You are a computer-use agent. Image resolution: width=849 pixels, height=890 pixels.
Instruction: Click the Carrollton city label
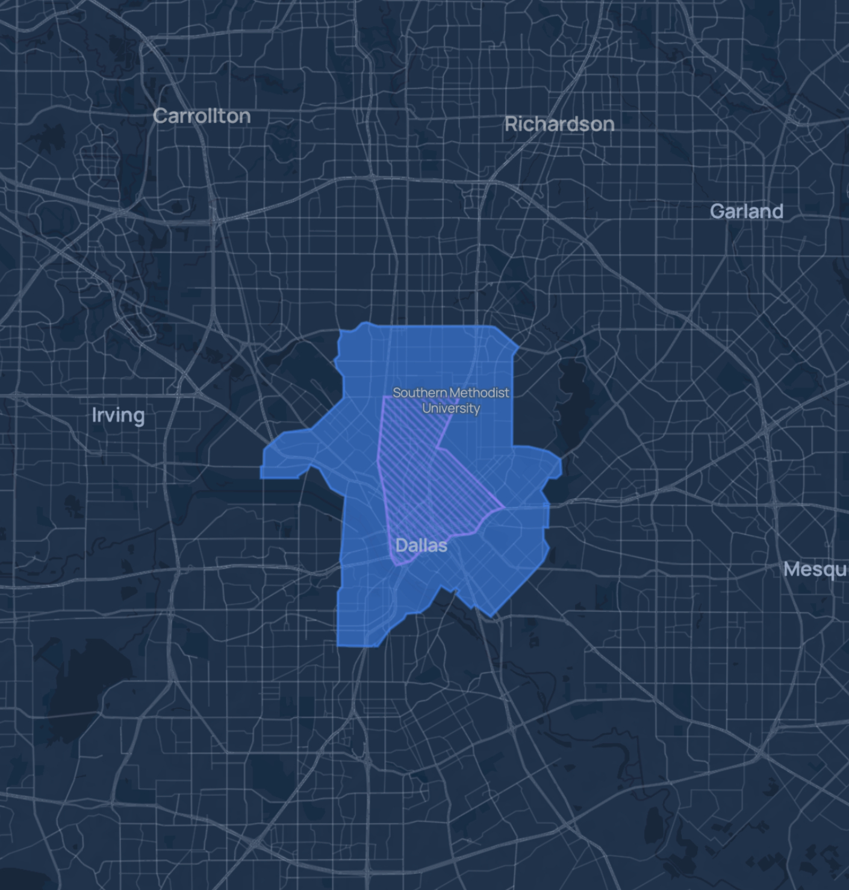pos(202,116)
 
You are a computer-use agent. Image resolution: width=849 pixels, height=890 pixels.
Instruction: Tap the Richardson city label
pos(559,124)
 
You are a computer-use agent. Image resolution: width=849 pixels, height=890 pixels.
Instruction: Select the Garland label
pos(746,211)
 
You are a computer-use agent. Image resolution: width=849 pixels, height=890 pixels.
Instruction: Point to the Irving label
pos(118,415)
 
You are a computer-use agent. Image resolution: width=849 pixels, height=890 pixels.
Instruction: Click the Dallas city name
pos(421,546)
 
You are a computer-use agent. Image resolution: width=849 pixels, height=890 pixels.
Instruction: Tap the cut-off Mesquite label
pos(816,569)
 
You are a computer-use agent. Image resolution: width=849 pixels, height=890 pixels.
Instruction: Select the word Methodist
pos(479,393)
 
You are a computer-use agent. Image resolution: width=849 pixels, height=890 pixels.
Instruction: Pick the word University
pos(451,408)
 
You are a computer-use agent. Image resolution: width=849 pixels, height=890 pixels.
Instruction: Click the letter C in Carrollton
pos(160,116)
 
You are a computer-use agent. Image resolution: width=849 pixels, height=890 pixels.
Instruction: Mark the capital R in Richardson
pos(511,124)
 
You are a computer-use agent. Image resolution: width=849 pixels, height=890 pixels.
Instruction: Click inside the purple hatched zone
pos(421,476)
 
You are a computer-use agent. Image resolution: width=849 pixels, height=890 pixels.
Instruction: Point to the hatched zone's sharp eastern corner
pos(503,507)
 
